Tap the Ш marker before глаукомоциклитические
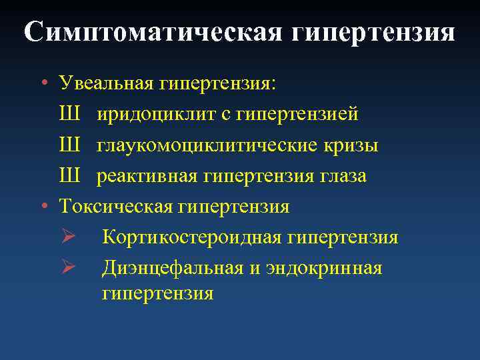70,145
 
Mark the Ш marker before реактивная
70,176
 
